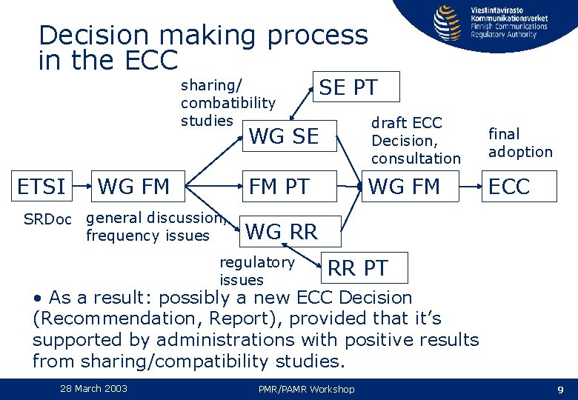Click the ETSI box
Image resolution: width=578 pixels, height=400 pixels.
coord(42,187)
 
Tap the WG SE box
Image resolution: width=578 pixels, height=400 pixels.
coord(285,136)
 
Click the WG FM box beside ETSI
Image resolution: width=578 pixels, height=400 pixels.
coord(134,187)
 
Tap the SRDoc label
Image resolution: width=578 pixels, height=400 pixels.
coord(47,220)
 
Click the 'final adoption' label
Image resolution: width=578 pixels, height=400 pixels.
coord(520,143)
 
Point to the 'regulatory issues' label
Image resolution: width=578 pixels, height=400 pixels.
coord(256,271)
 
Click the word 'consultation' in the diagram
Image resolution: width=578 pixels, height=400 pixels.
coord(416,158)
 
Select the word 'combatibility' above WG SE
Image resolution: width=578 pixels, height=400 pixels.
coord(227,103)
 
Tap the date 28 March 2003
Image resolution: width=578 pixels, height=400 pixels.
coord(94,389)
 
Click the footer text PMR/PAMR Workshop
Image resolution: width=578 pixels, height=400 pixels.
coord(306,390)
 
